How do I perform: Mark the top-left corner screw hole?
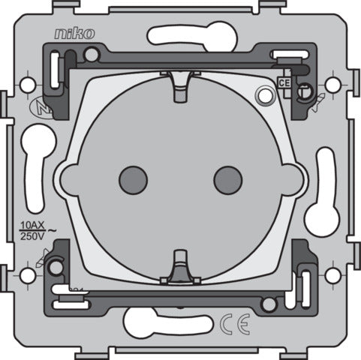click(x=28, y=84)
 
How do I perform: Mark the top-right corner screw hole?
click(x=331, y=84)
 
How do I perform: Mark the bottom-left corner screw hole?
click(x=28, y=275)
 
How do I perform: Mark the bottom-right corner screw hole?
click(x=331, y=275)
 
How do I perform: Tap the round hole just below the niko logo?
click(x=91, y=54)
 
